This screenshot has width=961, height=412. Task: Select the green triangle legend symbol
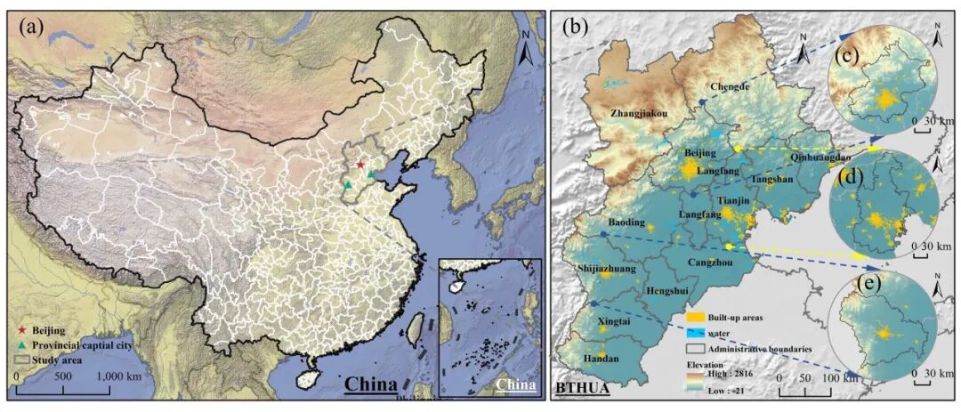click(x=20, y=345)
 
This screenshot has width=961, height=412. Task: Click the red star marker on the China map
click(x=359, y=165)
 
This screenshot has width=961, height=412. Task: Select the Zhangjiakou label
click(x=639, y=114)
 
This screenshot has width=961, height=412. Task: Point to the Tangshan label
click(x=771, y=179)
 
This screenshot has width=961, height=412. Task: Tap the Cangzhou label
click(x=710, y=263)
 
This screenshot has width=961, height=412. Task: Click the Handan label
click(x=602, y=359)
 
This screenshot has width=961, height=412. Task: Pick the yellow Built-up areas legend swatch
click(x=696, y=317)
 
